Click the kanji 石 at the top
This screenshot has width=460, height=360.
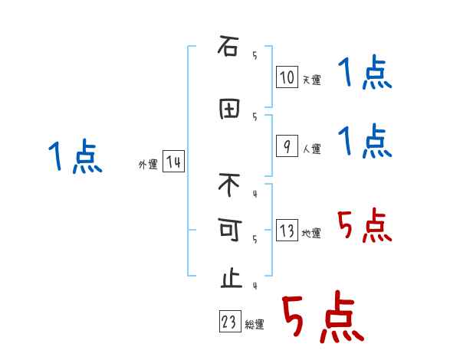[228, 47]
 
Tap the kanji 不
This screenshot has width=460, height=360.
[229, 185]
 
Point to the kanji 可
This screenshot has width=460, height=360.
[229, 229]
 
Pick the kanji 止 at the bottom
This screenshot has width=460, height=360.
[229, 277]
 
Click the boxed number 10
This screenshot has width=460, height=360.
[287, 77]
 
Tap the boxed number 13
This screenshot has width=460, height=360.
[287, 231]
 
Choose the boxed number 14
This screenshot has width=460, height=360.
[174, 162]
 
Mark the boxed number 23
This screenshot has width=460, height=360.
[229, 322]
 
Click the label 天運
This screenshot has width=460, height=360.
[311, 80]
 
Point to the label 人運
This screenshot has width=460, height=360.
[311, 149]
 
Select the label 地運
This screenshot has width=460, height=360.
[311, 234]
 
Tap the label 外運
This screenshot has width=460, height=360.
[148, 165]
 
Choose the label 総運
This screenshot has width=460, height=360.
[255, 325]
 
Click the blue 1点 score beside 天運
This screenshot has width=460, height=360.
[365, 74]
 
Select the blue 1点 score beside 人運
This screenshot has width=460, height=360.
[365, 142]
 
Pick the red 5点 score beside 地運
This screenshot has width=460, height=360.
[365, 226]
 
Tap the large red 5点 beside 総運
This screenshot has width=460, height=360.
[322, 318]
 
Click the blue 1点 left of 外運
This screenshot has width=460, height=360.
[74, 158]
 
